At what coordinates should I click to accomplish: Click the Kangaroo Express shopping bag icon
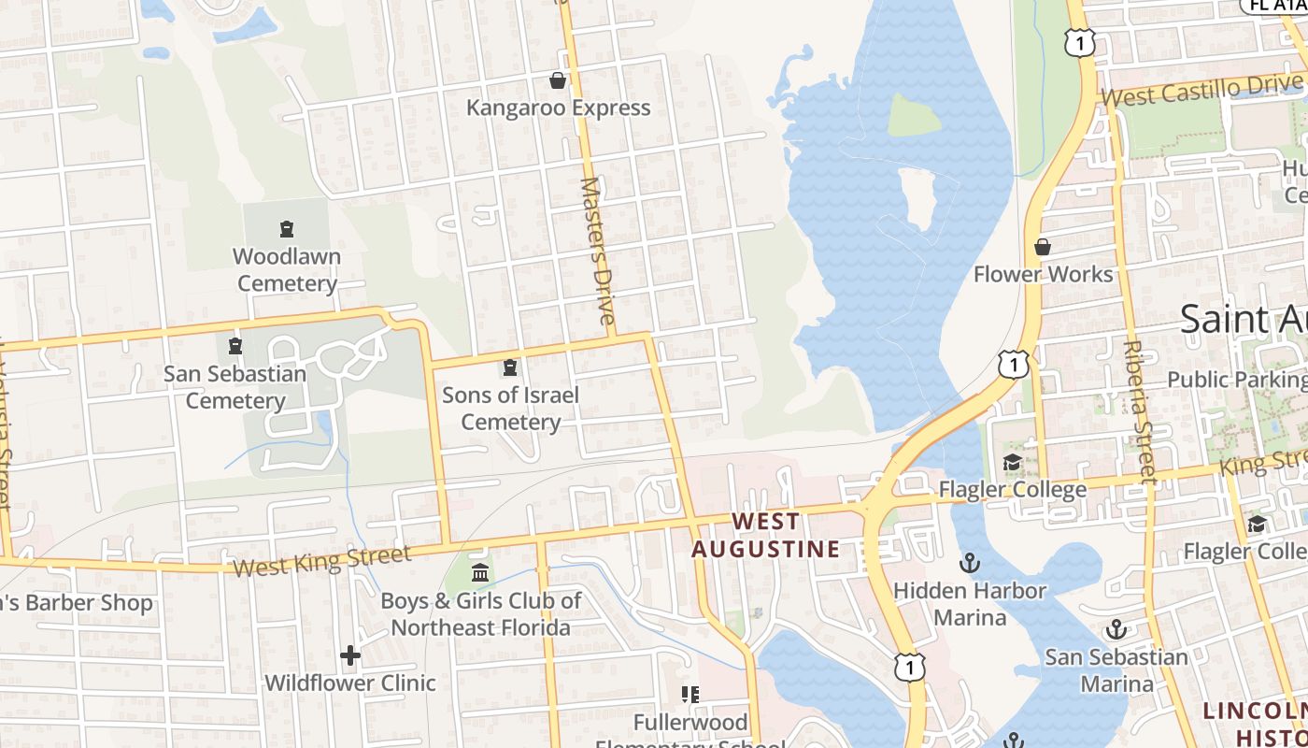pos(558,81)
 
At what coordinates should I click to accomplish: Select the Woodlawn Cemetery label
pos(287,269)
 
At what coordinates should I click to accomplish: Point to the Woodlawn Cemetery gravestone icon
pos(287,229)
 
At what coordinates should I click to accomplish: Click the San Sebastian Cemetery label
pos(235,387)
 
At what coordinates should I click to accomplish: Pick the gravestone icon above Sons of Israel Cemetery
pos(510,367)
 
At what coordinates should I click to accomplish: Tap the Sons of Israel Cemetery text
pos(510,409)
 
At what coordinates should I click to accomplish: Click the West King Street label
pos(321,561)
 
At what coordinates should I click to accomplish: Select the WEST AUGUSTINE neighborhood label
pos(765,535)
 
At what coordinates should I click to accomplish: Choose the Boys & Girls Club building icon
pos(480,572)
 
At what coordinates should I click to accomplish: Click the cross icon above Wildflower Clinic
pos(350,655)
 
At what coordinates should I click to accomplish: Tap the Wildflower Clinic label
pos(350,683)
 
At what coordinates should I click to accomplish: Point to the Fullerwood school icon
pos(690,695)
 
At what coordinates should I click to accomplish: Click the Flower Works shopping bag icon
pos(1043,247)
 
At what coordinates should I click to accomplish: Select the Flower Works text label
pos(1043,274)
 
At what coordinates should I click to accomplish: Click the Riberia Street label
pos(1140,410)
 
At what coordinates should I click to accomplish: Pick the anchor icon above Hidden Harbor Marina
pos(970,563)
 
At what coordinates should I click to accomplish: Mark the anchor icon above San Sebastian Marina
pos(1116,628)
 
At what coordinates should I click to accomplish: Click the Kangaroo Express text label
pos(558,108)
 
